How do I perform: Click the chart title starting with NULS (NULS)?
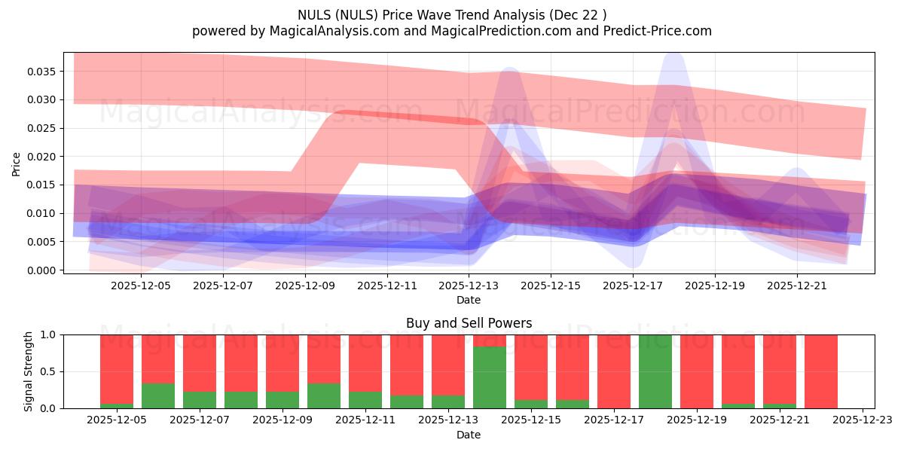451,15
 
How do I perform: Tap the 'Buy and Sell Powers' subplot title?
469,323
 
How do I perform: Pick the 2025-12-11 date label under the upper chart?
386,286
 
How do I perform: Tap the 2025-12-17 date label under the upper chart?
633,286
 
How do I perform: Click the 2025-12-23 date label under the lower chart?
861,420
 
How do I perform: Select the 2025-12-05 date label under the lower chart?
117,420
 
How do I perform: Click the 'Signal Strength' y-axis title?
28,371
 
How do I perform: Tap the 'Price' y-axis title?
17,163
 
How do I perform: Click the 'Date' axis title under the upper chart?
469,300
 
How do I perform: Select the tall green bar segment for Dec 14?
490,377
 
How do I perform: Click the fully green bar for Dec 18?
655,371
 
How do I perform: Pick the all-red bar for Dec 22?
821,371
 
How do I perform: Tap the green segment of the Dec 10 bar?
324,396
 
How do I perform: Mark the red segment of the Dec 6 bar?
158,359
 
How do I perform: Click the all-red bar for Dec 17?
614,371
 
